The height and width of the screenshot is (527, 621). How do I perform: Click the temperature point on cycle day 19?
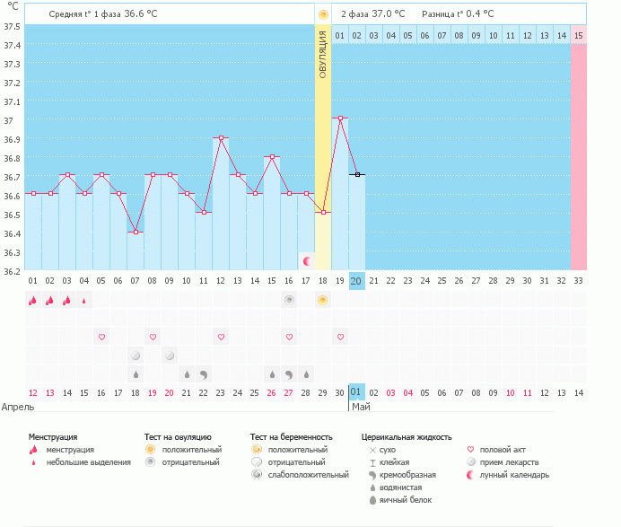pyautogui.click(x=340, y=118)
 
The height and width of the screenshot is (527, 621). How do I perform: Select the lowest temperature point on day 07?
pyautogui.click(x=136, y=232)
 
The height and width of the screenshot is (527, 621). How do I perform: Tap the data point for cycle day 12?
pyautogui.click(x=221, y=137)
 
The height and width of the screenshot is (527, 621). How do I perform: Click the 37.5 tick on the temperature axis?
pyautogui.click(x=13, y=26)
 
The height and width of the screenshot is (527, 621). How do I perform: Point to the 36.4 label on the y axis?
pyautogui.click(x=13, y=233)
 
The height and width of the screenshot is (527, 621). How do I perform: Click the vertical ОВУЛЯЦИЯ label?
pyautogui.click(x=323, y=54)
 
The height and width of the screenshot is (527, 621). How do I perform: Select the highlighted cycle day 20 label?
pyautogui.click(x=357, y=281)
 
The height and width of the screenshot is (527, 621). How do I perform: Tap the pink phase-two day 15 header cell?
pyautogui.click(x=579, y=35)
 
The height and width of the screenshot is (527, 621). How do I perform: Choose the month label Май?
pyautogui.click(x=361, y=407)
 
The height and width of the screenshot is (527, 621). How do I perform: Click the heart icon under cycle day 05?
pyautogui.click(x=101, y=337)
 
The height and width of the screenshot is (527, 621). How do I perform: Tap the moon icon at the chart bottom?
pyautogui.click(x=307, y=260)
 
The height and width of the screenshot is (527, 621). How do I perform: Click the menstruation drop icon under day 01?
pyautogui.click(x=33, y=301)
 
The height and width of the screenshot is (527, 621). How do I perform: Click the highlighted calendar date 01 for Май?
pyautogui.click(x=357, y=392)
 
